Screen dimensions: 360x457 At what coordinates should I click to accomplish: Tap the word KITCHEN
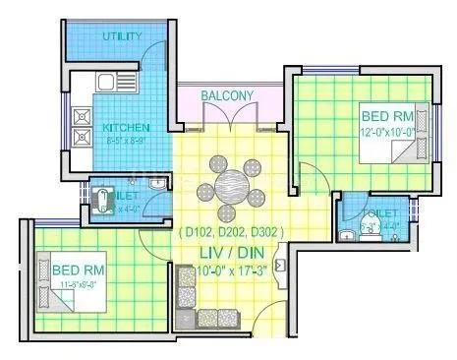pos(127,128)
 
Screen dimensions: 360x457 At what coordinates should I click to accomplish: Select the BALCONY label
pos(227,95)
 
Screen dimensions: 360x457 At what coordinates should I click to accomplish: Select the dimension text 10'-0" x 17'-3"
pos(230,269)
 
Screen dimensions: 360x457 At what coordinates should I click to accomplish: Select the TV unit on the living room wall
pos(283,264)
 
